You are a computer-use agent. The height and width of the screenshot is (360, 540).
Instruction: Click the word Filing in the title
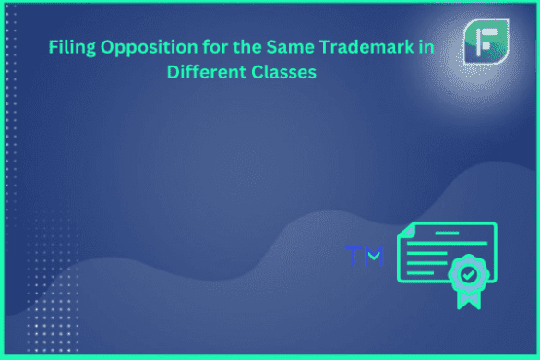tap(70, 47)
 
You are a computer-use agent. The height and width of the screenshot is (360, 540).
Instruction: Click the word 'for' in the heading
tap(206, 47)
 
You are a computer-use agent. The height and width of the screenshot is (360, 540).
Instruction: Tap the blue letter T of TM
tap(354, 255)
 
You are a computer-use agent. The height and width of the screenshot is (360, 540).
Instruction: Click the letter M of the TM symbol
tap(373, 256)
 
